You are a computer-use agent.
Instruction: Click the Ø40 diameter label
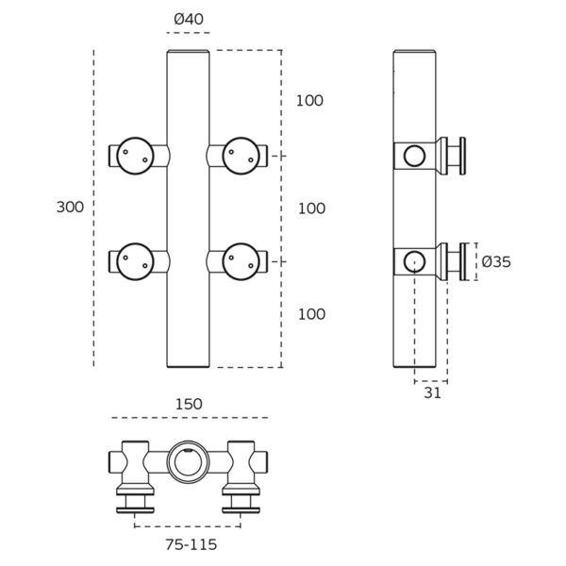coord(188,20)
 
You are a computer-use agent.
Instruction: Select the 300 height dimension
coord(70,208)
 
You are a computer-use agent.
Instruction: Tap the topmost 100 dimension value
coord(309,101)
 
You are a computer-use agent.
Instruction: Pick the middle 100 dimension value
coord(311,208)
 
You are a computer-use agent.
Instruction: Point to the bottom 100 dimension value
coord(311,314)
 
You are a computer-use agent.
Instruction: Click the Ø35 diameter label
coord(495,262)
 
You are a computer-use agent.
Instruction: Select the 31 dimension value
coord(432,393)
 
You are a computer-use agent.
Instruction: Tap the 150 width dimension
coord(189,404)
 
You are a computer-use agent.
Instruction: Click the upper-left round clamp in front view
coord(136,155)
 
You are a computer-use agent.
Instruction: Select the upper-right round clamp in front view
coord(241,155)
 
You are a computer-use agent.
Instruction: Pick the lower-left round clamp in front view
coord(136,261)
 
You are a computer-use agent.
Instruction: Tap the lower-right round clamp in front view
coord(241,261)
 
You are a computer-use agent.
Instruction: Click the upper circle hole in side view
coord(414,156)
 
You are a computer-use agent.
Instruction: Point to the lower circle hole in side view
coord(414,261)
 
